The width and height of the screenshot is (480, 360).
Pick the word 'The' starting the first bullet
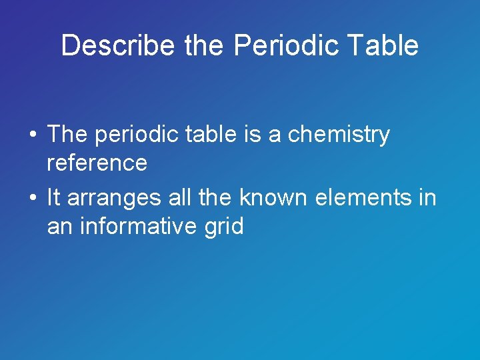pos(68,134)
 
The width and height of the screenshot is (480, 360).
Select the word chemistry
pos(339,135)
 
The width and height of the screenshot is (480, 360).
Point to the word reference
pos(97,163)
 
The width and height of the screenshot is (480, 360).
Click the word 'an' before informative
pos(60,227)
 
